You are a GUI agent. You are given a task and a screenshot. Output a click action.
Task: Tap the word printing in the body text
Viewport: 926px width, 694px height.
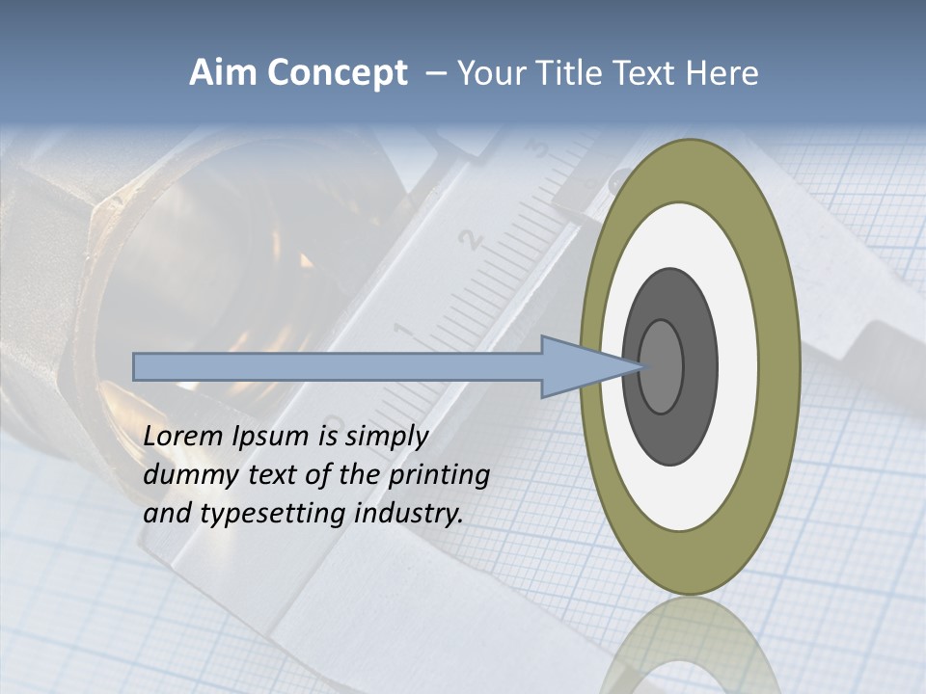pos(439,476)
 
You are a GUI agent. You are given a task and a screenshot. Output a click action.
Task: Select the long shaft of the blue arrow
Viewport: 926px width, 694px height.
pos(338,366)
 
